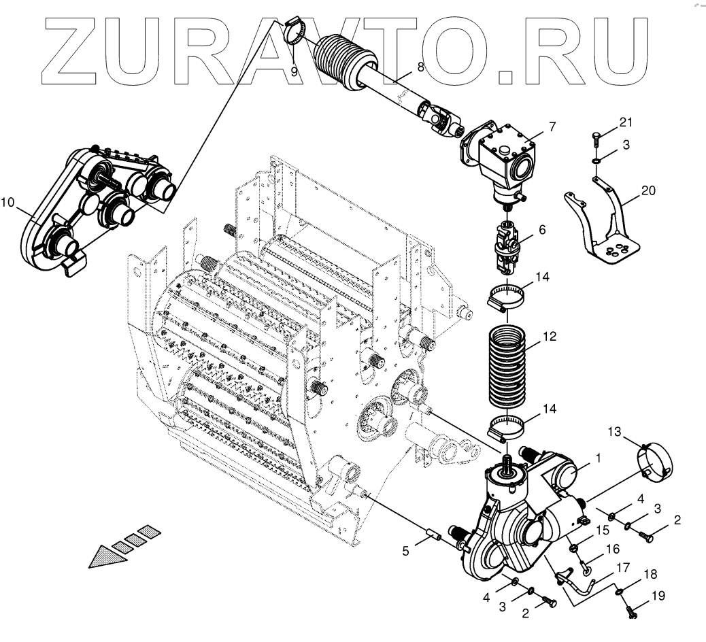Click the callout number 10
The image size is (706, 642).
pos(7,202)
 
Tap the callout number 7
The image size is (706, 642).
pos(552,126)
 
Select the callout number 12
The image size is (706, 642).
pos(550,336)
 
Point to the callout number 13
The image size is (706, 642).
pos(615,432)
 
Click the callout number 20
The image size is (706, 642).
pos(648,190)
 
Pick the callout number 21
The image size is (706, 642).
pos(625,122)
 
